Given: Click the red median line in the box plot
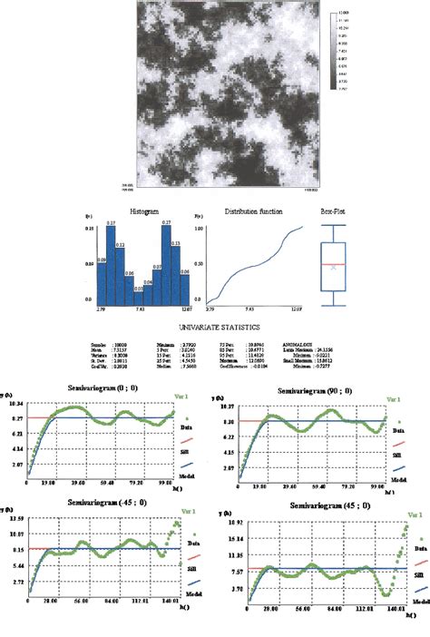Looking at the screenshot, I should [x=334, y=263].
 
